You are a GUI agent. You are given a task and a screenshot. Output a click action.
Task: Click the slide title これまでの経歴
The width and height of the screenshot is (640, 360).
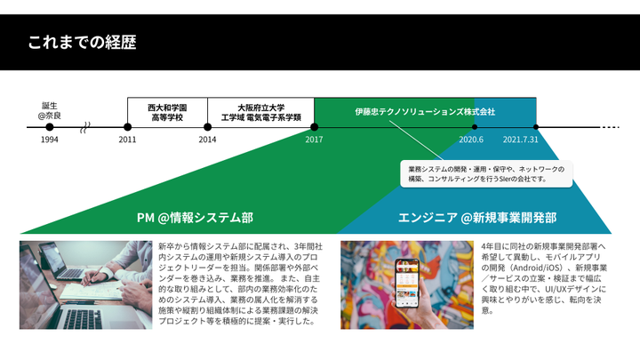tap(82, 42)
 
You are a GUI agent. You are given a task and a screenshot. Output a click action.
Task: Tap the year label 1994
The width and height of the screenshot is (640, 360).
tap(50, 140)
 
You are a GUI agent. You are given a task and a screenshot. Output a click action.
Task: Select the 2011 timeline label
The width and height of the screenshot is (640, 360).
tap(128, 140)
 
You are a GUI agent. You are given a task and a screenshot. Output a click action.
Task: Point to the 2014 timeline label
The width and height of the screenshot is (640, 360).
tap(207, 140)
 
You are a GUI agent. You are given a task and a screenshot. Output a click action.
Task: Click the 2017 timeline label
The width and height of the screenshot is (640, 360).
tap(314, 140)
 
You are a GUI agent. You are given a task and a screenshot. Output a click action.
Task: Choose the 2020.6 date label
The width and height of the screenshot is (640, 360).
tap(471, 140)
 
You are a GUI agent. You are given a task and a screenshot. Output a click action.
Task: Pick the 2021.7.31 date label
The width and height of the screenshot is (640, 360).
tap(521, 140)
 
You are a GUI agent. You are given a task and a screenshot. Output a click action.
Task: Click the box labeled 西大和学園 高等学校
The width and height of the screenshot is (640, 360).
tap(167, 112)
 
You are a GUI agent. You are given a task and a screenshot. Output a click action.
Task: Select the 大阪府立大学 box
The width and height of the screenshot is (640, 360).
tap(260, 112)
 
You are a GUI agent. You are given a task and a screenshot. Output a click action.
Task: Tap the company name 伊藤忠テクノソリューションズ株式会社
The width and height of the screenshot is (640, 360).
tap(425, 112)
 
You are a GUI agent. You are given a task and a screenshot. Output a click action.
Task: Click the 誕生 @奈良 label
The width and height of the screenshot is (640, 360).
tap(50, 110)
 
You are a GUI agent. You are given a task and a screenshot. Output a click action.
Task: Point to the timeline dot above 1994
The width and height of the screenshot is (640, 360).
tap(50, 127)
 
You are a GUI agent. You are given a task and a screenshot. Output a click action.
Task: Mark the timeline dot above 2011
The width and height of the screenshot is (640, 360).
tap(128, 127)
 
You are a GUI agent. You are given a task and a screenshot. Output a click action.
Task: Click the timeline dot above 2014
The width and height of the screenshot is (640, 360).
tap(207, 127)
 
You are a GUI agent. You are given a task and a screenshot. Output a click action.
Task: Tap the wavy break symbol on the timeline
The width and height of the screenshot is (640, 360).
tap(85, 127)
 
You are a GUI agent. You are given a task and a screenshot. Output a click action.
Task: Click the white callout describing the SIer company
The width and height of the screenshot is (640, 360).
tap(485, 173)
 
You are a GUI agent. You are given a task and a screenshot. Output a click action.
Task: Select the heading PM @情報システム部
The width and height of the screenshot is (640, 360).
tap(195, 217)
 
